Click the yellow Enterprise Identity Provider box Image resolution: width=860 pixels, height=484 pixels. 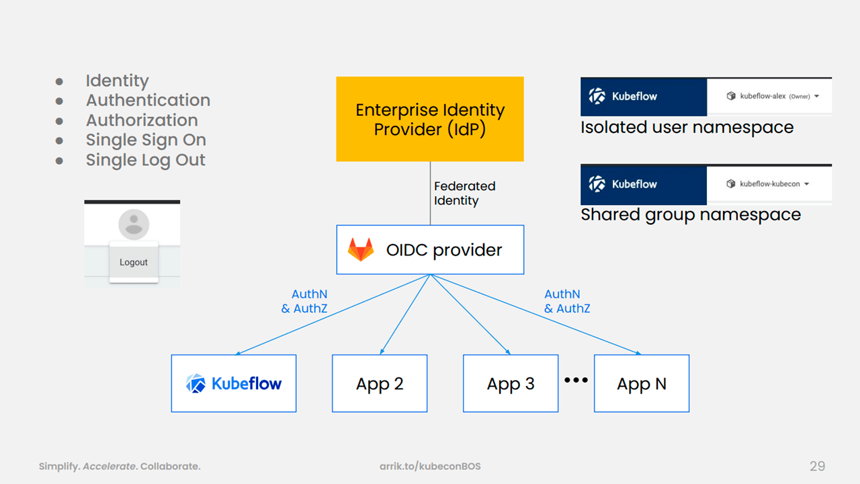[x=430, y=119]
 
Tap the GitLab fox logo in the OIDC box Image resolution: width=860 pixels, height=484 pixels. [x=361, y=249]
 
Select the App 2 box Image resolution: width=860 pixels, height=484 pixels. [x=380, y=383]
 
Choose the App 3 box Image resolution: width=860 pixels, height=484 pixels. [x=511, y=383]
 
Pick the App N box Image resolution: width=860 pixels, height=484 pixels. [x=642, y=383]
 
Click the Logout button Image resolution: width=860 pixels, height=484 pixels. [x=134, y=262]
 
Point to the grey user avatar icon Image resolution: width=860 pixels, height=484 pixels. [x=134, y=225]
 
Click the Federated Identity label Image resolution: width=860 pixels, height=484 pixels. [x=464, y=193]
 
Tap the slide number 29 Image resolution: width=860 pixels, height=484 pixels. [x=818, y=466]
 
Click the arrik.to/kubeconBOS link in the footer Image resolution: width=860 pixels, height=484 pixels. [x=430, y=467]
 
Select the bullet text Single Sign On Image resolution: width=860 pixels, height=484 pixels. [x=146, y=140]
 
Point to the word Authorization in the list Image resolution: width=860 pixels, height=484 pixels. [x=142, y=120]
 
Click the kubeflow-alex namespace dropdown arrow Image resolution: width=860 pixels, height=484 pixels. [x=816, y=96]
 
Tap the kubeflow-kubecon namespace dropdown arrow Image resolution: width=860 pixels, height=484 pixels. [x=807, y=184]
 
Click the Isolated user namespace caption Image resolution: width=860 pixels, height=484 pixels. [x=687, y=128]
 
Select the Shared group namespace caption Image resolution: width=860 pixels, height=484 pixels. [x=691, y=214]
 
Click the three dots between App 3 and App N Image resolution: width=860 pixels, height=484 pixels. [x=576, y=380]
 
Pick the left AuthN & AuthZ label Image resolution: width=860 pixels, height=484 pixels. [x=304, y=301]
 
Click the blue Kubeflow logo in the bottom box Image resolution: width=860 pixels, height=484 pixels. [x=234, y=383]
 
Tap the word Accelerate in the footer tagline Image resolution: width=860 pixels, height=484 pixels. [x=109, y=467]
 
